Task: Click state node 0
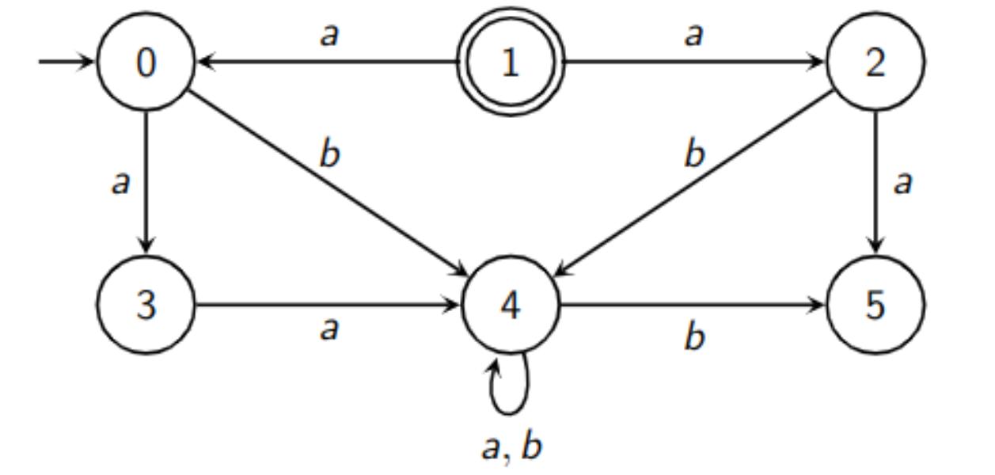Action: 146,63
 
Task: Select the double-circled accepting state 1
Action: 511,63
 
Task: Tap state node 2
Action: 875,63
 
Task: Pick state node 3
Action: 146,305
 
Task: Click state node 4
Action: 511,305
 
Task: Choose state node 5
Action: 875,305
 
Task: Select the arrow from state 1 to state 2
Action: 693,63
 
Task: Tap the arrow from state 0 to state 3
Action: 146,182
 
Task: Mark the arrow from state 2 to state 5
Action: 875,182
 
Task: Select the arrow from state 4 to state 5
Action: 693,305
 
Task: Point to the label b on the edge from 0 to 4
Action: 329,154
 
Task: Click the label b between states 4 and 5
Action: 694,336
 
